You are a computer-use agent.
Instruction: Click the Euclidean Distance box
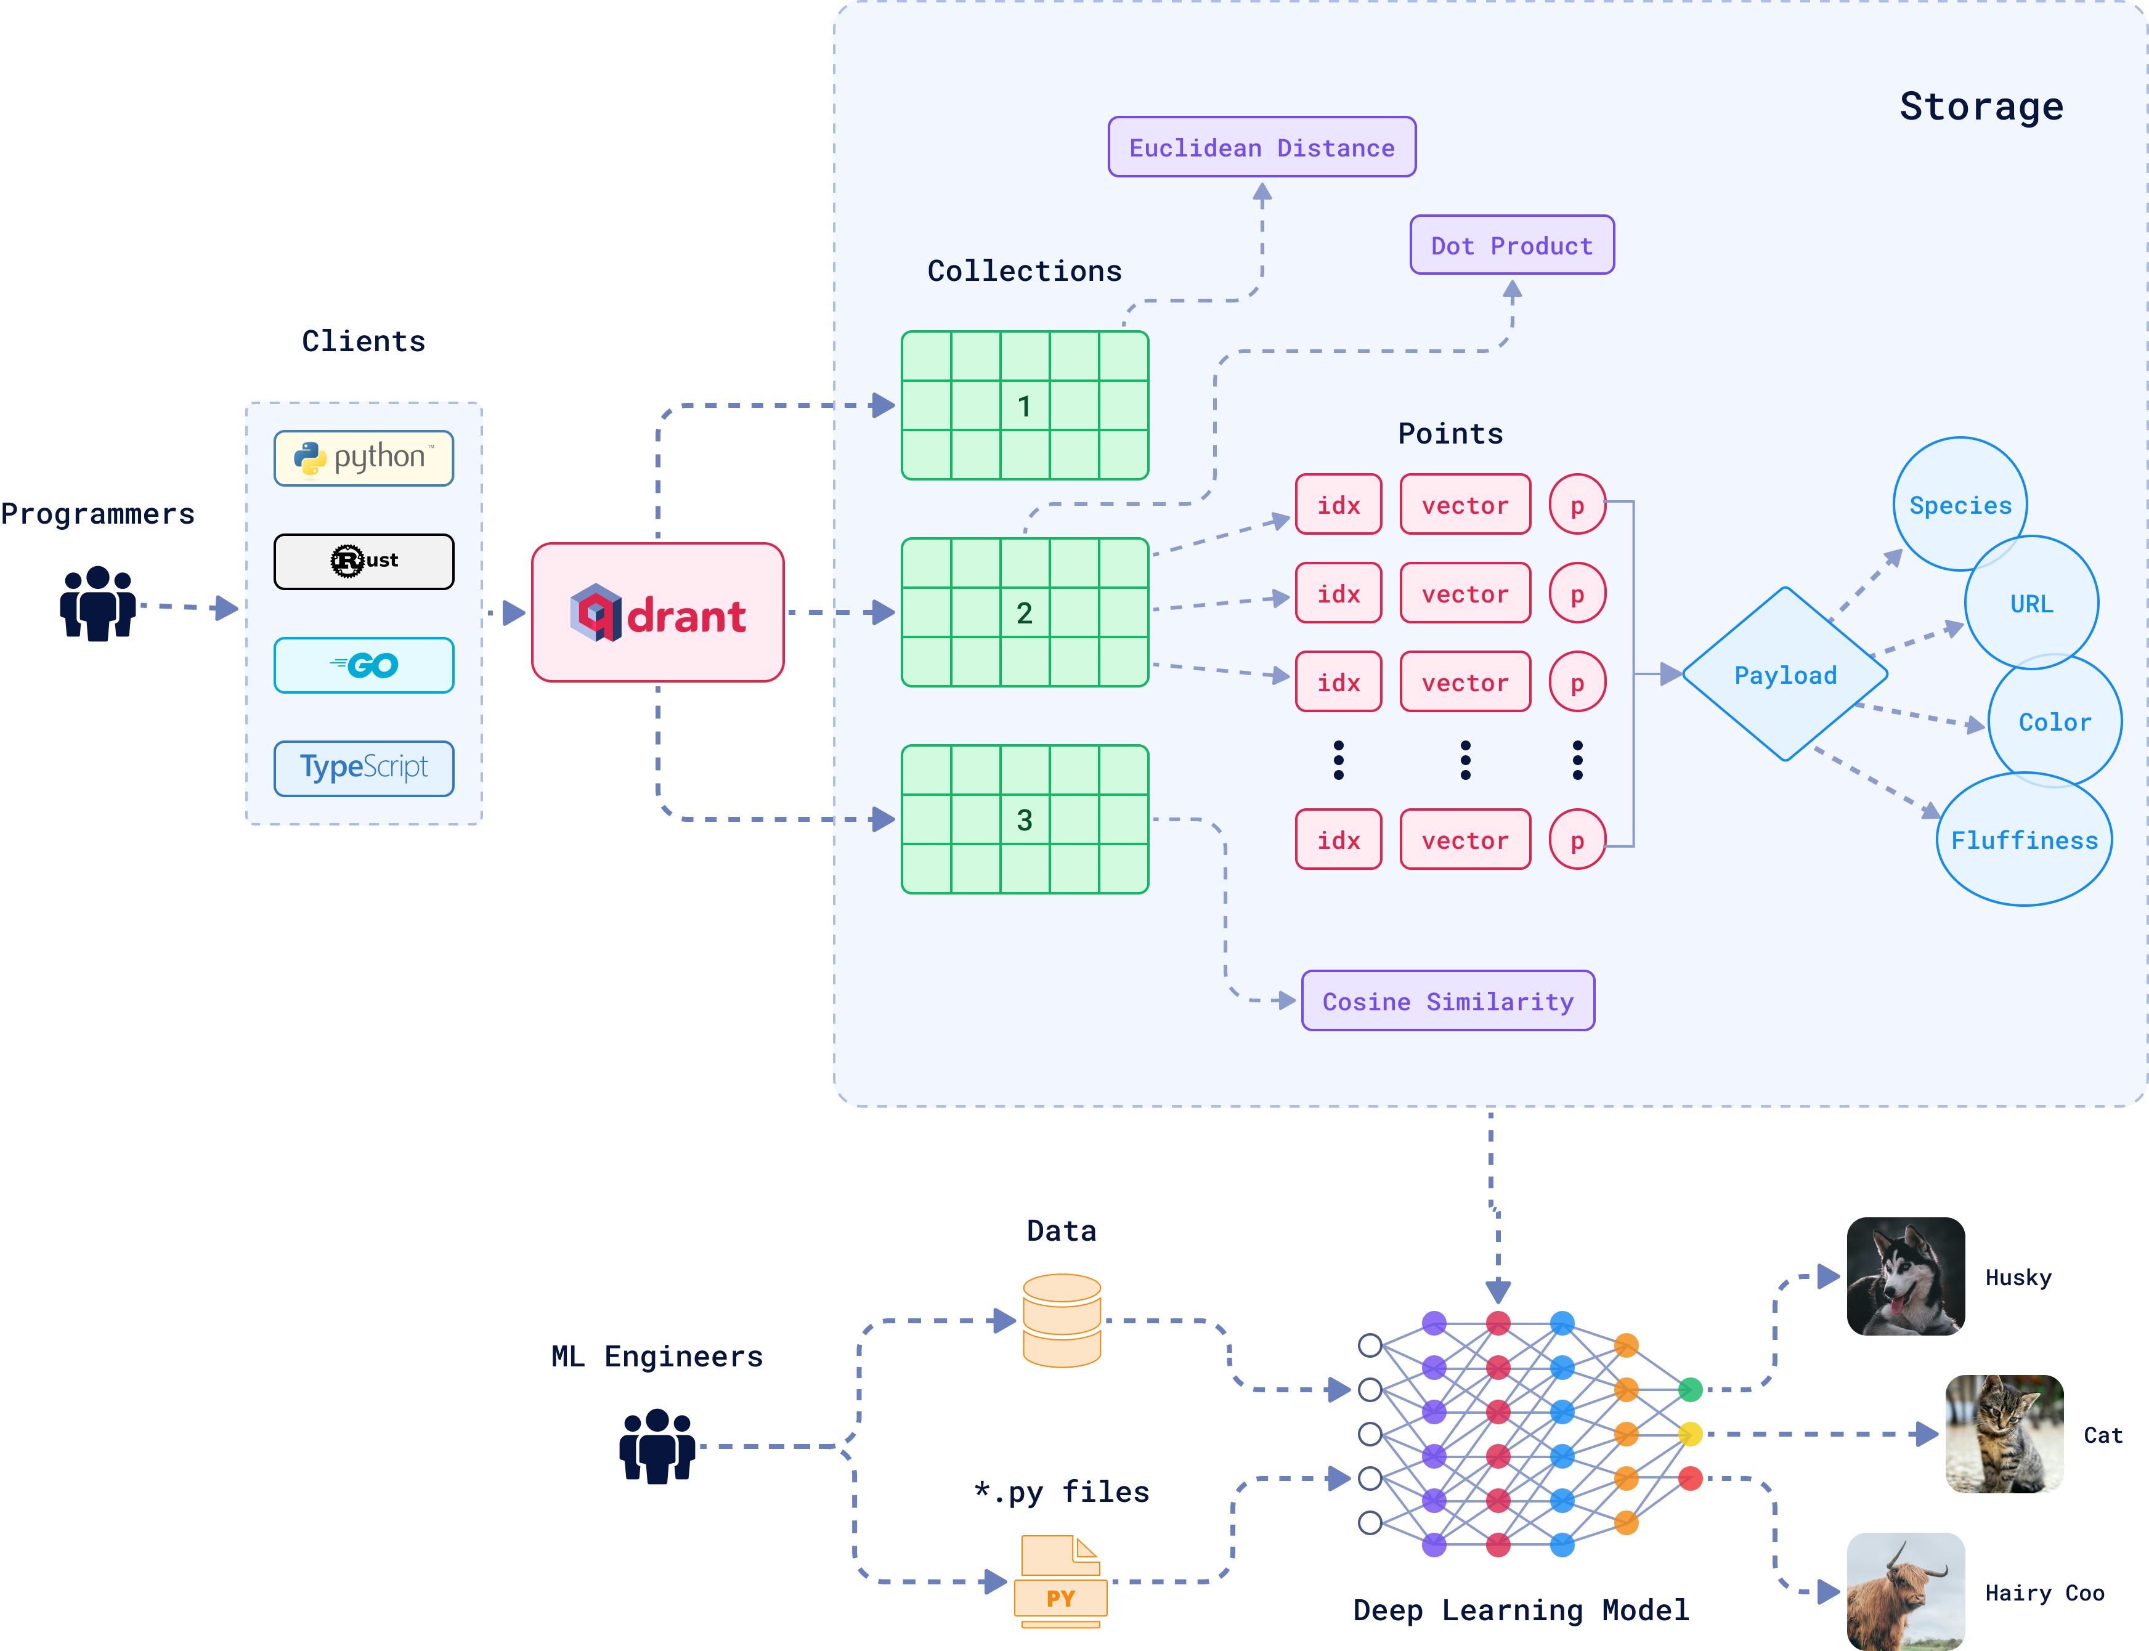click(1262, 147)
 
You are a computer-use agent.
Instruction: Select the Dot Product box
click(1511, 245)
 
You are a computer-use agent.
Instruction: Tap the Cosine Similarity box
click(1447, 1000)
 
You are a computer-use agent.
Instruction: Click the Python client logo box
click(364, 458)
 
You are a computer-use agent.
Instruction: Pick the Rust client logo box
click(364, 561)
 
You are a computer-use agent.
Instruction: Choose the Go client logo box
click(364, 665)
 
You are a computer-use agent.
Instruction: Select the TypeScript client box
click(364, 768)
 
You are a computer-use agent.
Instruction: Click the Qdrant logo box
click(657, 612)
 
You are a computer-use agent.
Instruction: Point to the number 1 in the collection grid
click(1024, 406)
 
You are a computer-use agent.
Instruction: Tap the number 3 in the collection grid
click(1024, 819)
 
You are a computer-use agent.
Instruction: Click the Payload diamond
click(1784, 674)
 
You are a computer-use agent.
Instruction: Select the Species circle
click(1960, 504)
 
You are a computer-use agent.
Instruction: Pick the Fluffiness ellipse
click(2024, 839)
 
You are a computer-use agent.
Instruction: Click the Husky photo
click(1905, 1276)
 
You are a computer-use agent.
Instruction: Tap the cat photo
click(2005, 1434)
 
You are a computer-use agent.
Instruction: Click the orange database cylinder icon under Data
click(1061, 1321)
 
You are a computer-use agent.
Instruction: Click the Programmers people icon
click(97, 603)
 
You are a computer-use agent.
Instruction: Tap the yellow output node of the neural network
click(1690, 1434)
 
